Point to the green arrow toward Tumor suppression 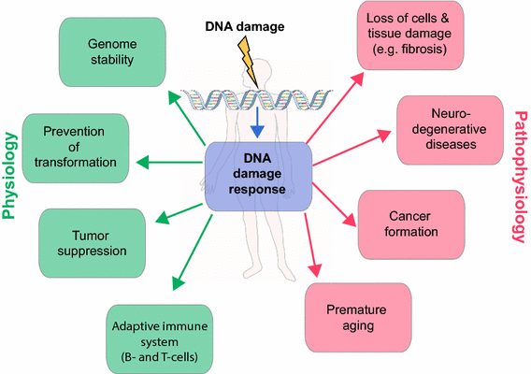click(x=178, y=209)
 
